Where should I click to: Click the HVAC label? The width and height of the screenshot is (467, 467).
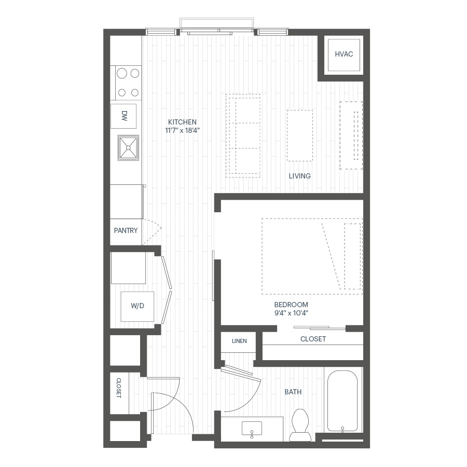[x=344, y=54]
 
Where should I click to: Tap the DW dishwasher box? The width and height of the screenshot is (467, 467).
[x=123, y=116]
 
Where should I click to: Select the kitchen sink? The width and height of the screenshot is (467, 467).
[x=128, y=148]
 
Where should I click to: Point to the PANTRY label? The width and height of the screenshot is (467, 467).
[x=126, y=230]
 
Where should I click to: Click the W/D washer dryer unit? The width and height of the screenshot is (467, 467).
[x=138, y=307]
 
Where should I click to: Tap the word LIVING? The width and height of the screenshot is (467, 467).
[x=299, y=176]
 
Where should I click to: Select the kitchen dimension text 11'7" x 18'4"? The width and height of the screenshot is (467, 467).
[x=182, y=130]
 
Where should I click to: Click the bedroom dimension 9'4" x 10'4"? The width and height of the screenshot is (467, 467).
[x=291, y=313]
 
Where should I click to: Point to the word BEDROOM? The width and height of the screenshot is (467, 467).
[x=291, y=305]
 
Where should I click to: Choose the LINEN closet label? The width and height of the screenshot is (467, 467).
[x=239, y=341]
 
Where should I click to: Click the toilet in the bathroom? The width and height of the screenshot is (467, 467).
[x=300, y=425]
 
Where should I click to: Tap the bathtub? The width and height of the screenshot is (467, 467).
[x=342, y=401]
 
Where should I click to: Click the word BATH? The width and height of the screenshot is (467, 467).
[x=293, y=392]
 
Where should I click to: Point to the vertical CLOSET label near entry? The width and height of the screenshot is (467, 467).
[x=118, y=388]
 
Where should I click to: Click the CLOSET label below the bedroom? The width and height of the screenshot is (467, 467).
[x=313, y=339]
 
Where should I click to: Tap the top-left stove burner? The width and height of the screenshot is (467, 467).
[x=122, y=73]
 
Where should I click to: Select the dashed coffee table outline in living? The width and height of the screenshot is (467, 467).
[x=300, y=135]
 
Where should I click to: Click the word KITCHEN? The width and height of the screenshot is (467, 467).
[x=182, y=122]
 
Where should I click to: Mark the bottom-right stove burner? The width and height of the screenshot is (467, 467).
[x=135, y=93]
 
